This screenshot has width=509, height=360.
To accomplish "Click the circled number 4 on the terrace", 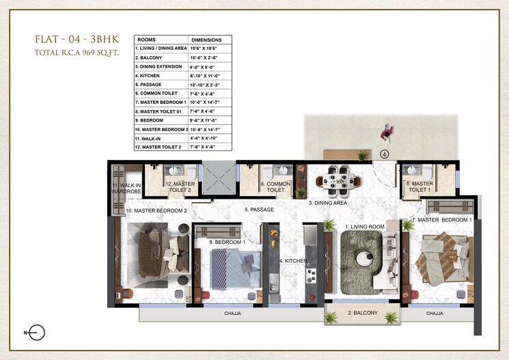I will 385,154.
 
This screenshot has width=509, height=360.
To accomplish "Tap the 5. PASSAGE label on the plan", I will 260,210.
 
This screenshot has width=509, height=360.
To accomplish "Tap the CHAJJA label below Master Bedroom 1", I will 435,314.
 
